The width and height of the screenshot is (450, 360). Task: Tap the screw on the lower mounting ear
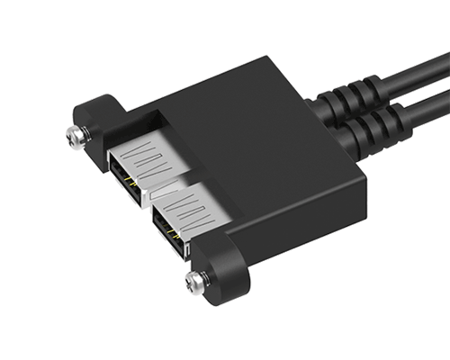pos(196,283)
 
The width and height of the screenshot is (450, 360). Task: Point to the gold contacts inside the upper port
pos(132,180)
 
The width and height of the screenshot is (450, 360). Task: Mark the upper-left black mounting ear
pos(90,117)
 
